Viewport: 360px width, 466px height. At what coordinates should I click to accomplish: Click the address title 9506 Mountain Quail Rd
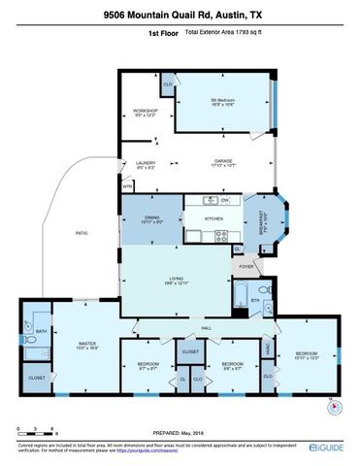coord(180,16)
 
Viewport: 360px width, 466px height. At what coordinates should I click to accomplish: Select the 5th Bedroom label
coord(224,102)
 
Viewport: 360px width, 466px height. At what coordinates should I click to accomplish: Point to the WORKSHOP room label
coord(146,113)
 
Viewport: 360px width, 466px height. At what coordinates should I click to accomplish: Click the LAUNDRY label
coord(147,164)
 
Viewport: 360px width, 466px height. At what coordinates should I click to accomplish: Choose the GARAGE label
coord(224,164)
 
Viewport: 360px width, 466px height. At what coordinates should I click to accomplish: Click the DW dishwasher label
coord(224,200)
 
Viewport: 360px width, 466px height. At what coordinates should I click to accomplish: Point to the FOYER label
coord(246,266)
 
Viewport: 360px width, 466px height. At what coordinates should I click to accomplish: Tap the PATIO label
coord(82,234)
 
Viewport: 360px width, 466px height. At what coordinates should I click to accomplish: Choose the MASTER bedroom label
coord(84,345)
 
